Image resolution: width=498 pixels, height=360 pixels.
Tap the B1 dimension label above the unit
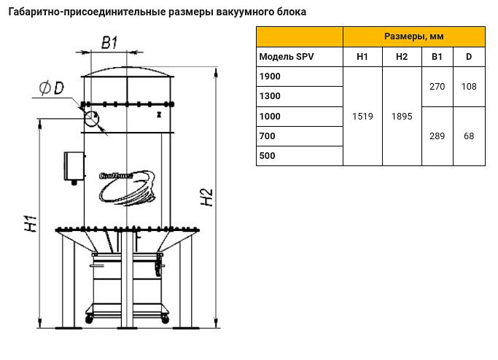109,43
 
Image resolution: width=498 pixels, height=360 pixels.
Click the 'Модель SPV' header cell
287,57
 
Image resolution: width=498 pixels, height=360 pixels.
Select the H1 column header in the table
362,57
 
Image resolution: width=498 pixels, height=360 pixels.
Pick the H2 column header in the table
402,57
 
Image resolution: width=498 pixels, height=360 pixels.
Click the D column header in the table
469,57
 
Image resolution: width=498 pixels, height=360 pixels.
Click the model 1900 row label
269,77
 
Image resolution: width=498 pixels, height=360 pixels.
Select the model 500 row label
267,156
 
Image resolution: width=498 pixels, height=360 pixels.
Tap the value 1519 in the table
362,116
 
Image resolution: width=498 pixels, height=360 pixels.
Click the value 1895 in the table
402,116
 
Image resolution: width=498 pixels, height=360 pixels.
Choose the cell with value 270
437,87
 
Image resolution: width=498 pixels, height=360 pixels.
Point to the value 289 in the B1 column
437,136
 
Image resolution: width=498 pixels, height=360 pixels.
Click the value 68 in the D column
469,136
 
